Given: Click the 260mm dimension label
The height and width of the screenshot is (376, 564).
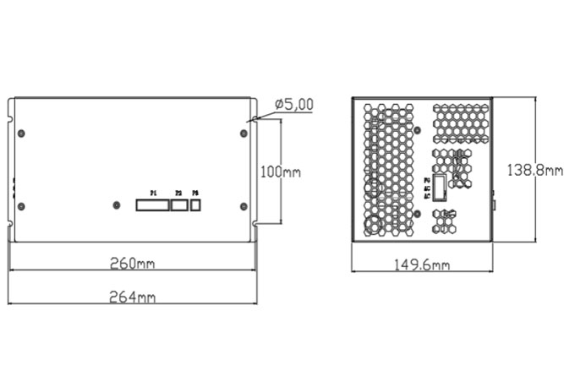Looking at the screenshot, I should click(133, 262).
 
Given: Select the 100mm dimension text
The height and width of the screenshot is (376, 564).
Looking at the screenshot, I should click(280, 172).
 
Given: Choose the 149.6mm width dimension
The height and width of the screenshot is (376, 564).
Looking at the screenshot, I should click(422, 264).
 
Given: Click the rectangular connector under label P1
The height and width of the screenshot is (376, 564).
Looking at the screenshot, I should click(151, 204).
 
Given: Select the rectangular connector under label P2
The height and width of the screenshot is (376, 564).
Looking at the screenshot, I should click(178, 204).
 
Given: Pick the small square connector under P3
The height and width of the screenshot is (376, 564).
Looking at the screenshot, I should click(196, 204).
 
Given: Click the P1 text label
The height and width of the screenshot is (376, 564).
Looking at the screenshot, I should click(153, 193).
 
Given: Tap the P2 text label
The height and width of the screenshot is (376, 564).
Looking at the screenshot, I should click(178, 193).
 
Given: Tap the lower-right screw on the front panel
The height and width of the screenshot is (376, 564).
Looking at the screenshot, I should click(244, 206).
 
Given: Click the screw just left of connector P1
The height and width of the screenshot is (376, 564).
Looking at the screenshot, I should click(116, 204).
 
